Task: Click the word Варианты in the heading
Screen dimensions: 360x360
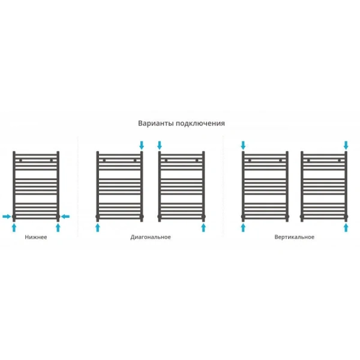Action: [156, 123]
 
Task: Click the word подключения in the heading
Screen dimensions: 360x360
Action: [200, 124]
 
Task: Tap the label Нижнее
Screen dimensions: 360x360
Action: [36, 237]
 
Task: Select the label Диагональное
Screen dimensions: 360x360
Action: [151, 237]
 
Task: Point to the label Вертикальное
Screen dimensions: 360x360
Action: [295, 237]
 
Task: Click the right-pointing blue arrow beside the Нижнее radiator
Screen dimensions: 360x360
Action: [7, 216]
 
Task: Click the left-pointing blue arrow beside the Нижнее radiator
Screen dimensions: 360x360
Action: [65, 216]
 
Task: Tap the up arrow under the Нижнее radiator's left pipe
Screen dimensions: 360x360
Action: [14, 228]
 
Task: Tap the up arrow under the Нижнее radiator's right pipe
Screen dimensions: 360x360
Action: [58, 228]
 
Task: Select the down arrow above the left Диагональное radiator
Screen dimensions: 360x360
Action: [142, 145]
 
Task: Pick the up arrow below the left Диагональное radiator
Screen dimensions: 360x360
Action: [98, 228]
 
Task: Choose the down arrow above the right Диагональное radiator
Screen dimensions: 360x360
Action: [160, 145]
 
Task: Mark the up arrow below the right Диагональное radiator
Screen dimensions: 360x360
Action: [203, 228]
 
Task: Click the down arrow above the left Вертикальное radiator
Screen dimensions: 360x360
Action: [243, 145]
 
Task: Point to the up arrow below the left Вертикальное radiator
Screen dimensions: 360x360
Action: [243, 228]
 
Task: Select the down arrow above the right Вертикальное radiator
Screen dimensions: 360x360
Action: [346, 145]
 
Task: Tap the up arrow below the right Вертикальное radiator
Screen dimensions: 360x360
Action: [346, 228]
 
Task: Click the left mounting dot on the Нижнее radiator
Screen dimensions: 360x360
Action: [20, 160]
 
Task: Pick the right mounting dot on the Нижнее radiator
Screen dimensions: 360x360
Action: [51, 160]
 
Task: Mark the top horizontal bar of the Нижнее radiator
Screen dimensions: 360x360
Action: [36, 155]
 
